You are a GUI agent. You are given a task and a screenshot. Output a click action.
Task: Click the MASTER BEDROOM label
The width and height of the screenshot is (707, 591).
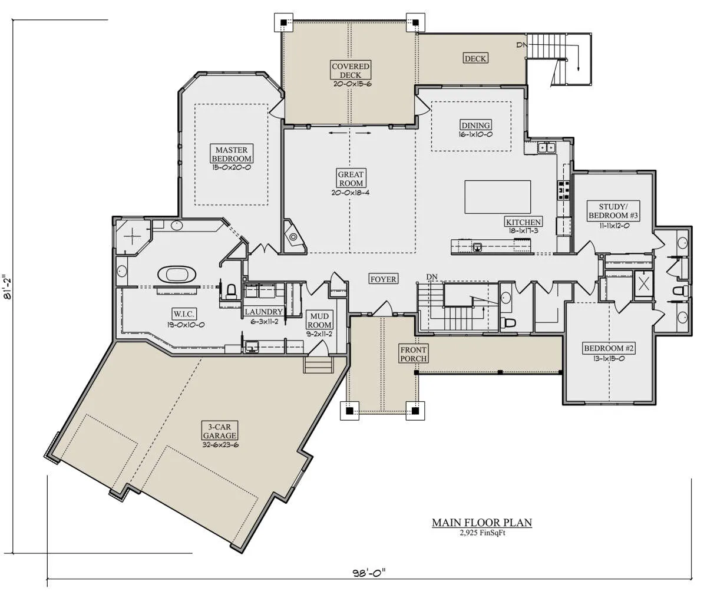pos(232,154)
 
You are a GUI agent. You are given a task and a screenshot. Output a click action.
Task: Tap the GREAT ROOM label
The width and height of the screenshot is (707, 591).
pos(351,179)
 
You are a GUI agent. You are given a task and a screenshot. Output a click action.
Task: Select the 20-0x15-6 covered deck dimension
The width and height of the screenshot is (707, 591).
pos(352,84)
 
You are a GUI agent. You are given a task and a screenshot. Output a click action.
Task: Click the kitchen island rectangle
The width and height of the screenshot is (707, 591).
pos(497,197)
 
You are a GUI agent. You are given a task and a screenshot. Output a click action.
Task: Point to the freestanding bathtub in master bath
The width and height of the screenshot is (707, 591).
pos(176,275)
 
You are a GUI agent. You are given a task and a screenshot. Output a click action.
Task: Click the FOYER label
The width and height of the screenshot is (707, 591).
pos(383,279)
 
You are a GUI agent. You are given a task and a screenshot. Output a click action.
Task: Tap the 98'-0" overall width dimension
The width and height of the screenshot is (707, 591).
pos(369,573)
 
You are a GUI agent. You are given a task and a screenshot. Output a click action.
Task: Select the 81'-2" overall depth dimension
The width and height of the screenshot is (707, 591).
pos(8,286)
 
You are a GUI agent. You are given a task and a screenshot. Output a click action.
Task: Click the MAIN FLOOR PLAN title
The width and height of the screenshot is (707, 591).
pos(482,523)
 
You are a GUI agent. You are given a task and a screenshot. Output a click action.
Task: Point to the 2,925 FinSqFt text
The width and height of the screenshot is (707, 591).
pos(483,533)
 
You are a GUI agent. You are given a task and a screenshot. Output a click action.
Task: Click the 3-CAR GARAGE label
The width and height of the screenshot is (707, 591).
pos(220,431)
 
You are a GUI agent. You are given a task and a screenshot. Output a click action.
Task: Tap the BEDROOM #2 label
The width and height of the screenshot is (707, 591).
pos(609,348)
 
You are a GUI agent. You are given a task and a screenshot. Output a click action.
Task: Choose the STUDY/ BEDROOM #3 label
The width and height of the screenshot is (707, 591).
pos(613,211)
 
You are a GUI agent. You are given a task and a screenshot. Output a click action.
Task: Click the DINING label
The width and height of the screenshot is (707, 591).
pos(475,125)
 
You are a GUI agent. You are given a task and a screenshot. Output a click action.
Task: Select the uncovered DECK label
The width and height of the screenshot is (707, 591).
pos(475,58)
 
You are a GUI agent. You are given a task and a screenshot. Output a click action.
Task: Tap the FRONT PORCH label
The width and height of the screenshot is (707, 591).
pos(413,354)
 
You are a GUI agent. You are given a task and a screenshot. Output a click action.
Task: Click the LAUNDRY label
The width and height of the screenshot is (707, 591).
pos(263,312)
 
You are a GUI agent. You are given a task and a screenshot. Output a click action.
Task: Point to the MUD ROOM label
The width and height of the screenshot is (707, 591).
pos(319,321)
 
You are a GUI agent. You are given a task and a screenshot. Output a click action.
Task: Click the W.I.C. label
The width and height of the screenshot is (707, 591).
pos(184,314)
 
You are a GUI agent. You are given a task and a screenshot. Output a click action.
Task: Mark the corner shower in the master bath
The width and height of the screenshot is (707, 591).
pos(133,236)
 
